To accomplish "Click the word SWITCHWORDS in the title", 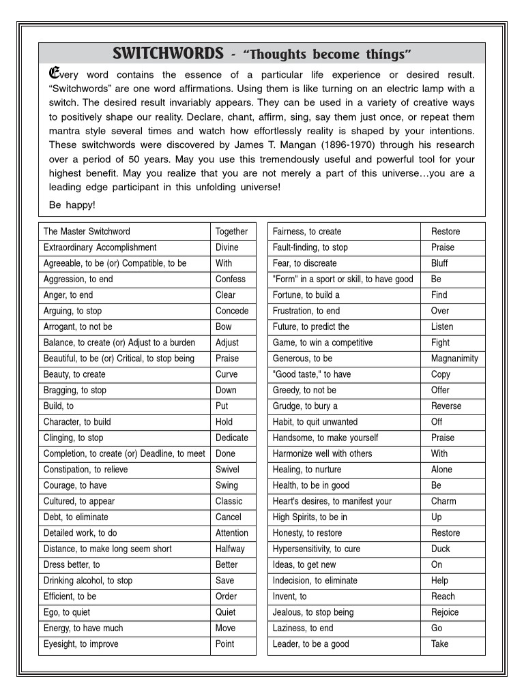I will pyautogui.click(x=167, y=53).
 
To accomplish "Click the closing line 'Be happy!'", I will pyautogui.click(x=72, y=204).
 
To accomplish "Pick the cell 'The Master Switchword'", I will pyautogui.click(x=87, y=231).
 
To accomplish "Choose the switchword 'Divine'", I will pyautogui.click(x=227, y=247).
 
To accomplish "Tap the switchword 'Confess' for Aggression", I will pyautogui.click(x=231, y=279).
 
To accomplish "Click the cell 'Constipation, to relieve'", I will pyautogui.click(x=85, y=469).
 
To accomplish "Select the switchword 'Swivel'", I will pyautogui.click(x=227, y=469).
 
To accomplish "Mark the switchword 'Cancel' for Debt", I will pyautogui.click(x=229, y=517).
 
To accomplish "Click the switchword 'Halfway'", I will pyautogui.click(x=230, y=549).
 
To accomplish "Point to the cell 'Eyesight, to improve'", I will pyautogui.click(x=81, y=643).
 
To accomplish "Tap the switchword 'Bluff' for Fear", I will pyautogui.click(x=439, y=263).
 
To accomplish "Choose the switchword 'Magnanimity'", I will pyautogui.click(x=454, y=358).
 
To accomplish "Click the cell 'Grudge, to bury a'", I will pyautogui.click(x=305, y=406).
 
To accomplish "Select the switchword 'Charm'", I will pyautogui.click(x=443, y=501).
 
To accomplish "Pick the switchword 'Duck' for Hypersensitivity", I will pyautogui.click(x=441, y=549).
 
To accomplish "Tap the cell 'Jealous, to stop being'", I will pyautogui.click(x=313, y=612).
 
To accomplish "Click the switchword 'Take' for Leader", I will pyautogui.click(x=440, y=643).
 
